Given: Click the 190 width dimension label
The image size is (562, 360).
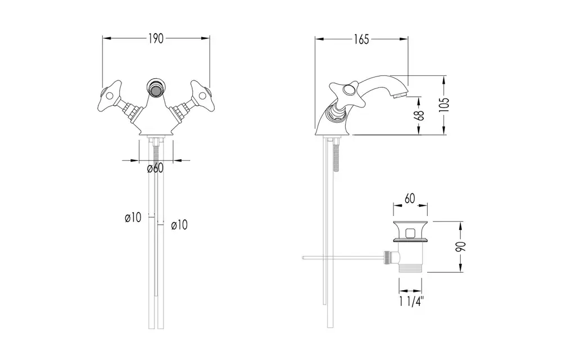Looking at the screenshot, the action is (x=156, y=38).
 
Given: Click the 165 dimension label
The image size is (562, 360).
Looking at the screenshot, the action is (x=361, y=39).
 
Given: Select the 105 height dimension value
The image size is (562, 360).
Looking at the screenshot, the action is (x=444, y=105).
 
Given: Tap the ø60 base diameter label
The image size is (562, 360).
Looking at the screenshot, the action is (x=155, y=168).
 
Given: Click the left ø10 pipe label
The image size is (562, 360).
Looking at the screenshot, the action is (x=133, y=217).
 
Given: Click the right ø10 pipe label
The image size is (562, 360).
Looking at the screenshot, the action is (x=179, y=225).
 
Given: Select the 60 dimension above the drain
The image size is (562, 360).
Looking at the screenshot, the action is (x=410, y=199).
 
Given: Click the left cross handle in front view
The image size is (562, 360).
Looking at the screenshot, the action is (x=110, y=95).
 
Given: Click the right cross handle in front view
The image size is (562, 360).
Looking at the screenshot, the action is (x=202, y=95).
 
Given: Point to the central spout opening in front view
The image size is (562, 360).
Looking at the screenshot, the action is (x=156, y=89).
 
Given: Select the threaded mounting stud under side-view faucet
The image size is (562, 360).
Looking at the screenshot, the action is (x=336, y=156).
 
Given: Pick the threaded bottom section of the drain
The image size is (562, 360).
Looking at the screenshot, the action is (x=411, y=268).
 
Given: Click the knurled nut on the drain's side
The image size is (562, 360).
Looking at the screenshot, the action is (x=387, y=257).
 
